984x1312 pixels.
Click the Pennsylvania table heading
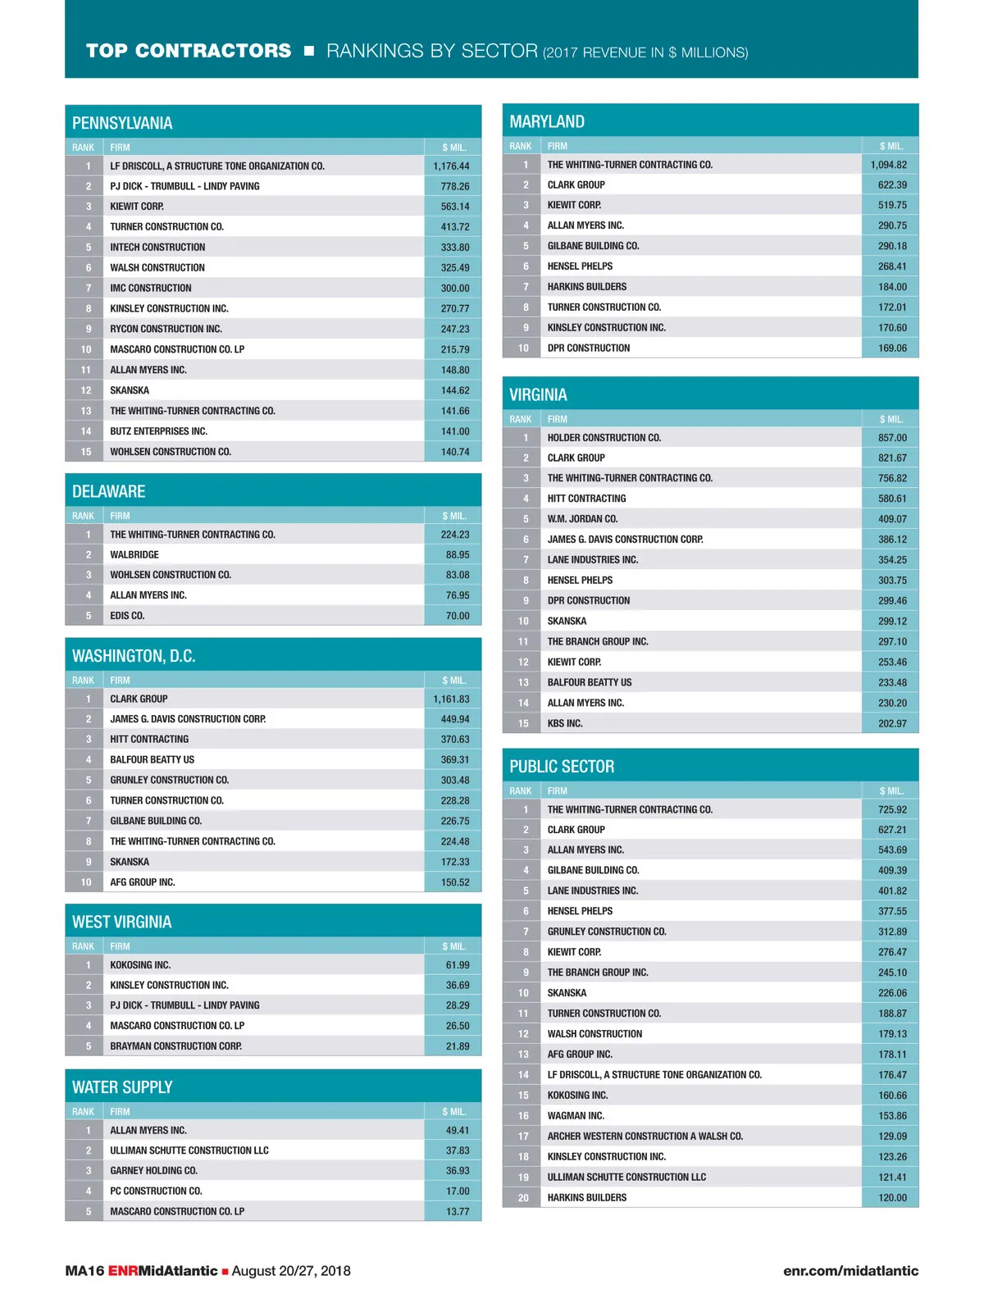(x=122, y=123)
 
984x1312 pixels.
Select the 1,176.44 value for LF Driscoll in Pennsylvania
(x=451, y=166)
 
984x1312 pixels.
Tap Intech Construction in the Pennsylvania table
(x=157, y=247)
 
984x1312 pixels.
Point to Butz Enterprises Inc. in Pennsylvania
(x=158, y=431)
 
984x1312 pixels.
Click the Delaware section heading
(x=108, y=491)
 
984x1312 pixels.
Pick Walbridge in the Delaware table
(x=134, y=554)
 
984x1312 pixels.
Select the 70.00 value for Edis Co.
(x=458, y=616)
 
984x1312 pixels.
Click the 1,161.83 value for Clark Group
(x=451, y=699)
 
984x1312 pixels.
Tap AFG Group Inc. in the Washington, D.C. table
(x=142, y=882)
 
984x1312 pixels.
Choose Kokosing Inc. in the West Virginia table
(x=140, y=965)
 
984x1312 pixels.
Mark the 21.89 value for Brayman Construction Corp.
(x=458, y=1046)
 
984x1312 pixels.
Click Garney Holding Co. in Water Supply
(x=153, y=1171)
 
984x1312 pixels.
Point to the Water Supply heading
(x=122, y=1087)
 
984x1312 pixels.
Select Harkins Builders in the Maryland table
(x=586, y=287)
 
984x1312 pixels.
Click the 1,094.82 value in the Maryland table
(x=889, y=165)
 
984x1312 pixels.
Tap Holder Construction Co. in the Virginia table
(x=604, y=438)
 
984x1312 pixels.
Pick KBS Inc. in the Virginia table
(x=565, y=723)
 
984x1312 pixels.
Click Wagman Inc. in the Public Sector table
(x=576, y=1116)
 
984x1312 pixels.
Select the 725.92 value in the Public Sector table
(x=892, y=809)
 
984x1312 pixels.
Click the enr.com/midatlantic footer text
(x=850, y=1271)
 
